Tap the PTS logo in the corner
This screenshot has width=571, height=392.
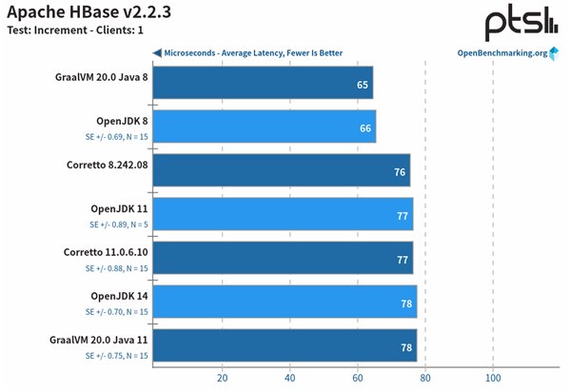(520, 23)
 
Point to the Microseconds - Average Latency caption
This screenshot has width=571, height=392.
(253, 53)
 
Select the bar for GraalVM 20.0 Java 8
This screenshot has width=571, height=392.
(262, 84)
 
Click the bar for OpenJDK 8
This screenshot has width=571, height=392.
(264, 127)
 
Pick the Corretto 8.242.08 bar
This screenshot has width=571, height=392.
(281, 172)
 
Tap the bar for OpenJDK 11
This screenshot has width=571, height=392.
(283, 215)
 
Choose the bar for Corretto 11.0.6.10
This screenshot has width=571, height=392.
(283, 259)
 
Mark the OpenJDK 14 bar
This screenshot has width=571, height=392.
(284, 302)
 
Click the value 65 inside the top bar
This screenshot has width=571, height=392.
(363, 85)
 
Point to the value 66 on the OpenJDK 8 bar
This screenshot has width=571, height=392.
(365, 127)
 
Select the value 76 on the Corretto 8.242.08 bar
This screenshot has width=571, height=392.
(400, 172)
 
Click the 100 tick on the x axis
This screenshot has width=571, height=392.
(492, 377)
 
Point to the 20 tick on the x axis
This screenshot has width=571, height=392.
(222, 377)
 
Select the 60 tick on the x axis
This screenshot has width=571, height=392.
(357, 377)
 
